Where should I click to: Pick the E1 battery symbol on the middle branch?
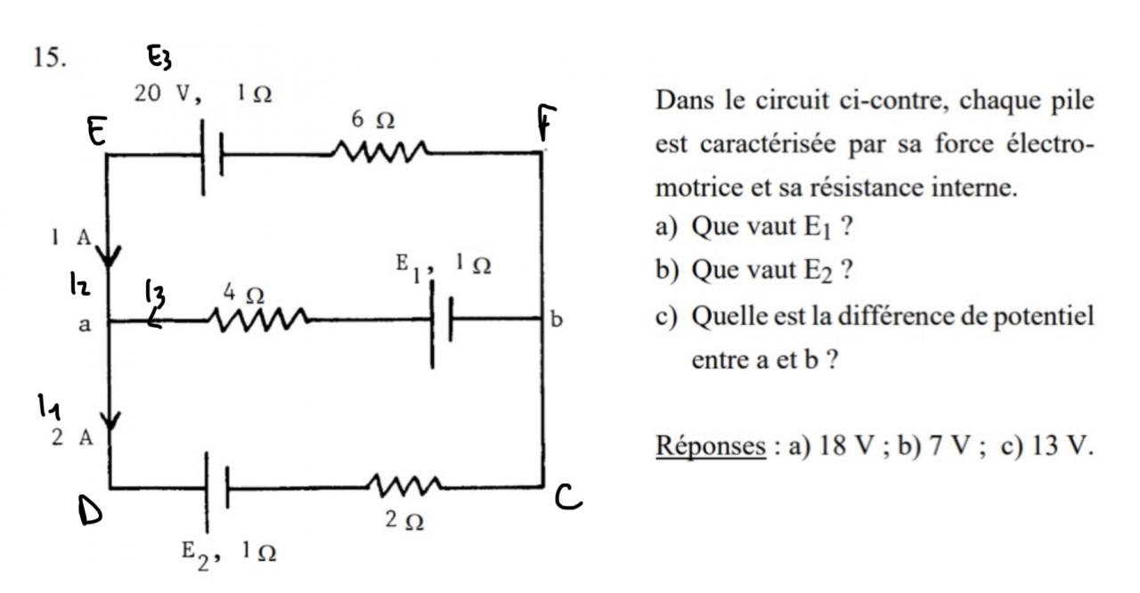[441, 319]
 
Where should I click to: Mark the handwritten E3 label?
[160, 60]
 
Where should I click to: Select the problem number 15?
[51, 58]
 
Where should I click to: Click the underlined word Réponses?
[710, 445]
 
